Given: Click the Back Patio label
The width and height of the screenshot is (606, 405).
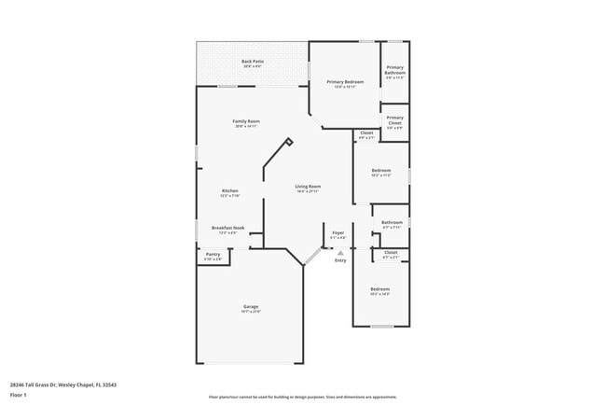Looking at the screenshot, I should [x=253, y=62].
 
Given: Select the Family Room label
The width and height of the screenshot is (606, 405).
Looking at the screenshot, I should [x=246, y=121].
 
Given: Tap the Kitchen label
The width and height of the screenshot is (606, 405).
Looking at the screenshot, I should [x=229, y=191].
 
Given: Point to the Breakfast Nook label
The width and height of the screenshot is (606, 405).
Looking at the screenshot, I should [x=227, y=228].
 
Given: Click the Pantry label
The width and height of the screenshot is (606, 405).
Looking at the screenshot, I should [x=213, y=255].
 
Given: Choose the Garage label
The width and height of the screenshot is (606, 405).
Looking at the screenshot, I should [x=251, y=306].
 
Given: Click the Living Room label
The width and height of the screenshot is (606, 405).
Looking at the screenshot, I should [x=308, y=187].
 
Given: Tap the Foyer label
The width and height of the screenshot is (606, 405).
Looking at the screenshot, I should [x=338, y=232].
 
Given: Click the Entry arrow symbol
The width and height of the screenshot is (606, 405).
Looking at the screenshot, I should [x=340, y=252].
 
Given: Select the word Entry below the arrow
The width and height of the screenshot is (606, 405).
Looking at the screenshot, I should [x=340, y=260].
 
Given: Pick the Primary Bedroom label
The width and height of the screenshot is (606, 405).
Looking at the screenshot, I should [x=345, y=82].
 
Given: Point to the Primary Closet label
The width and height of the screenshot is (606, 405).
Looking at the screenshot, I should [x=395, y=119].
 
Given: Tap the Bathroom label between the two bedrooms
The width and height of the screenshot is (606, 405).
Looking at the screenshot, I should [x=392, y=222].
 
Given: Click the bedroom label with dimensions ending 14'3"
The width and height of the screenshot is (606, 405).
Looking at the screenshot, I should [x=380, y=289].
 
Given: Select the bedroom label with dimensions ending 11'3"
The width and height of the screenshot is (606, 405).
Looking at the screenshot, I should [x=380, y=171].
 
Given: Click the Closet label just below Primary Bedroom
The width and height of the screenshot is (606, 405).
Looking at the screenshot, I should [x=366, y=133].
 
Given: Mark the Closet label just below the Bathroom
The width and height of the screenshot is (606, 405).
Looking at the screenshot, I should [x=391, y=252].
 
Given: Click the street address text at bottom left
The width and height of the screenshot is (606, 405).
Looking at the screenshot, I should [x=62, y=384].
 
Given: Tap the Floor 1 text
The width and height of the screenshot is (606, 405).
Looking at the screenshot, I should [x=19, y=395].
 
